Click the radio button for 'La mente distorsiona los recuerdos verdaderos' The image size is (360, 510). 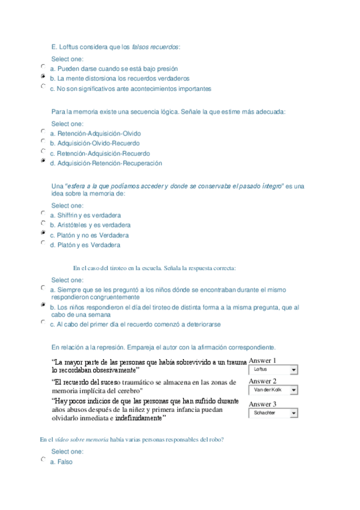pyautogui.click(x=43, y=78)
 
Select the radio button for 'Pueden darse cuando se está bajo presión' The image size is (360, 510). pyautogui.click(x=43, y=67)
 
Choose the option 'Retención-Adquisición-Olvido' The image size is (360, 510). pyautogui.click(x=43, y=132)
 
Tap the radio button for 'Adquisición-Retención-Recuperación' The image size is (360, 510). pyautogui.click(x=43, y=162)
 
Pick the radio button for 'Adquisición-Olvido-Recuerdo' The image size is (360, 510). pyautogui.click(x=43, y=142)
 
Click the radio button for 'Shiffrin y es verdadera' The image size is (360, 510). pyautogui.click(x=43, y=214)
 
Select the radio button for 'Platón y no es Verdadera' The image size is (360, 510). pyautogui.click(x=43, y=233)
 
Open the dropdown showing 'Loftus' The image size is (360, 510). pyautogui.click(x=273, y=370)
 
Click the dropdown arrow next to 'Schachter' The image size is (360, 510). pyautogui.click(x=293, y=414)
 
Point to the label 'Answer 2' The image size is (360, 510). pyautogui.click(x=263, y=381)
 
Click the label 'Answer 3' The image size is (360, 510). pyautogui.click(x=263, y=404)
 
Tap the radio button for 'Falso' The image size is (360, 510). pyautogui.click(x=43, y=460)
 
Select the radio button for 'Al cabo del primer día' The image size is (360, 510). pyautogui.click(x=43, y=323)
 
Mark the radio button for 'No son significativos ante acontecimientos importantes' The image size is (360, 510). pyautogui.click(x=43, y=87)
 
